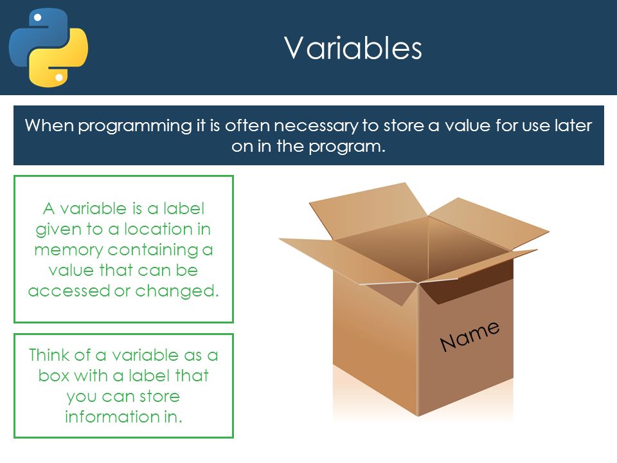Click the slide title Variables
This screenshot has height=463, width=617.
pyautogui.click(x=353, y=48)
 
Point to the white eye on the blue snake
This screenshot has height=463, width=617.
pyautogui.click(x=38, y=17)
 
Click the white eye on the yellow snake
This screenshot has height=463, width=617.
pyautogui.click(x=59, y=78)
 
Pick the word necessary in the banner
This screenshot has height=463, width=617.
pyautogui.click(x=316, y=126)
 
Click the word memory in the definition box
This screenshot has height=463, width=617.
pyautogui.click(x=69, y=250)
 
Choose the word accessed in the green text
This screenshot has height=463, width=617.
pyautogui.click(x=69, y=291)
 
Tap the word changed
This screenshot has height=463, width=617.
pyautogui.click(x=177, y=291)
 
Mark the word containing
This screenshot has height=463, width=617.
pyautogui.click(x=153, y=250)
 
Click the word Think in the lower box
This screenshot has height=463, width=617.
pyautogui.click(x=49, y=355)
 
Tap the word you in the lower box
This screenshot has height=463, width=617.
pyautogui.click(x=81, y=397)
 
